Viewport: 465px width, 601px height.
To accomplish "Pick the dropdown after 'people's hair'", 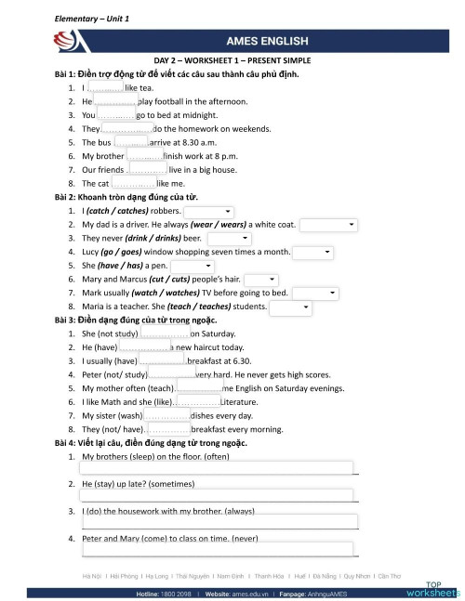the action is (x=260, y=279).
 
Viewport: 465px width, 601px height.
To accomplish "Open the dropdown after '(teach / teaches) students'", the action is (x=289, y=307).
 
